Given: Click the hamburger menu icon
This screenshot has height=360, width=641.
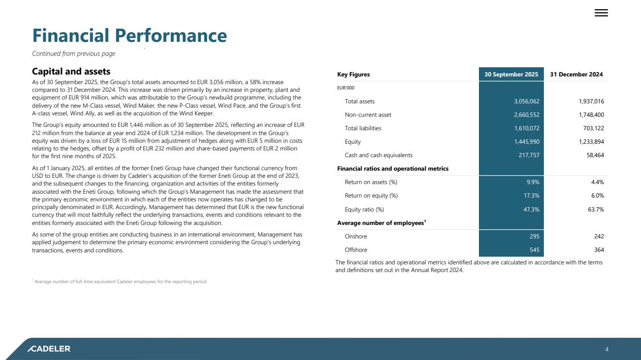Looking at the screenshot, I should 601,13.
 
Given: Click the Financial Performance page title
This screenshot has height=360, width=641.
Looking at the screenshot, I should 129,36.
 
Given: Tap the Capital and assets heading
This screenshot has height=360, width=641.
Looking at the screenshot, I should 71,72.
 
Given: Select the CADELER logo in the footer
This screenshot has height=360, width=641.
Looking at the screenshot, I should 49,348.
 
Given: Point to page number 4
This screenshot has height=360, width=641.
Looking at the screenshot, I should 607,349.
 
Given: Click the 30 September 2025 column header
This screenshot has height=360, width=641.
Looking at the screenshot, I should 511,74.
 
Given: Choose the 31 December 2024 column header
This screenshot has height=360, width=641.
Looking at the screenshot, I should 576,74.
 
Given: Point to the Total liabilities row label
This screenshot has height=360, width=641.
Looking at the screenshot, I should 363,128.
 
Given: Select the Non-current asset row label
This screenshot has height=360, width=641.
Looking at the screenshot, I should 368,115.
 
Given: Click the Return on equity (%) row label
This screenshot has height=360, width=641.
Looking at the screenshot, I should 371,196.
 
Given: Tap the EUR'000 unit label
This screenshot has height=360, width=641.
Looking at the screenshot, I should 346,87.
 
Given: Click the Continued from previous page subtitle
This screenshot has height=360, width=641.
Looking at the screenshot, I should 74,53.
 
